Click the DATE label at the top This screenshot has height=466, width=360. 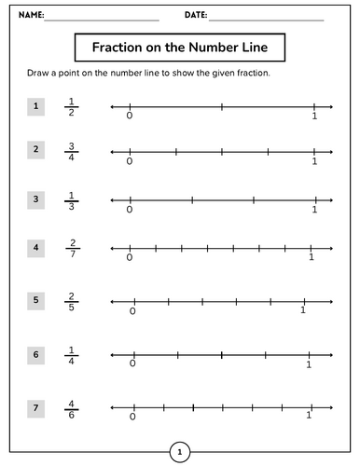click(195, 16)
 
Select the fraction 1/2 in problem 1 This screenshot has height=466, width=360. click(71, 107)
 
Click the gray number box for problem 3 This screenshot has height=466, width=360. click(35, 199)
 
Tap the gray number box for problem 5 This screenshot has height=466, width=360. click(35, 300)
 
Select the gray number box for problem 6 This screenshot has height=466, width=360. click(35, 354)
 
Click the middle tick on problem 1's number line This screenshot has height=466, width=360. click(221, 107)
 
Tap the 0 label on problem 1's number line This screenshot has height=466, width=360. click(129, 116)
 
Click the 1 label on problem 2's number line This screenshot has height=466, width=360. click(314, 161)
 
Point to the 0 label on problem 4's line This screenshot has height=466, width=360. click(129, 258)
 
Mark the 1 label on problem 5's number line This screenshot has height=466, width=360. click(303, 310)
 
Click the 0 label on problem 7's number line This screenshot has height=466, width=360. click(133, 418)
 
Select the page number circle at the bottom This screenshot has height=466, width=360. click(179, 453)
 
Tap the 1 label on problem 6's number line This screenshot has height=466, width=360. click(308, 364)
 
